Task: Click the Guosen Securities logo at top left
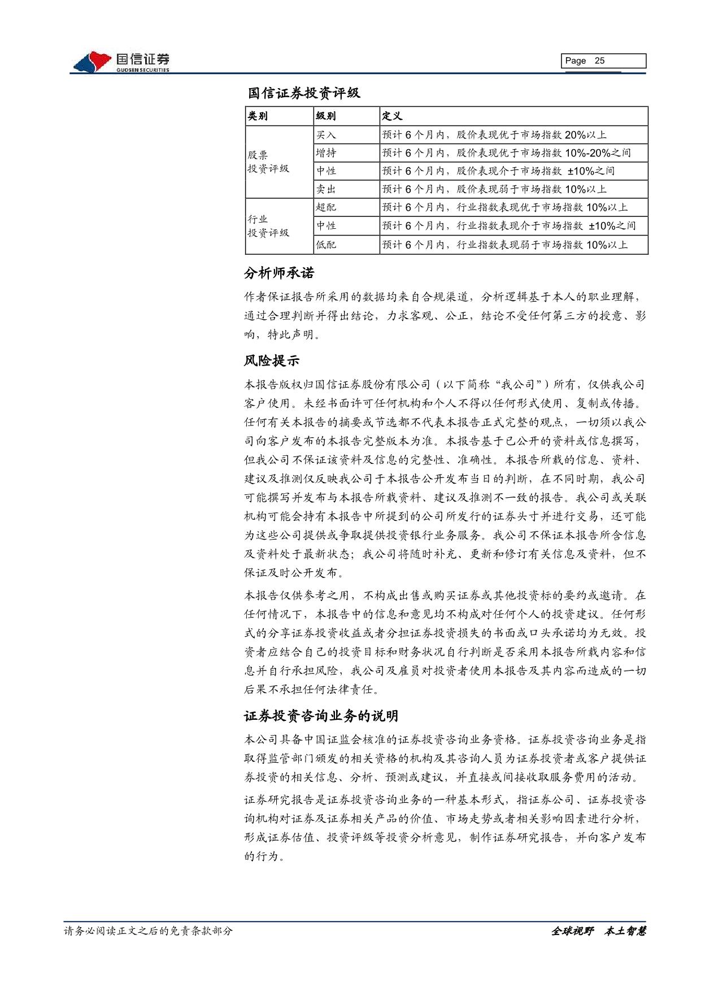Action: point(121,62)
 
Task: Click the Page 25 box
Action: point(603,61)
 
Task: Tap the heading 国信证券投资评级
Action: point(304,93)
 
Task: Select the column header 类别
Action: point(258,116)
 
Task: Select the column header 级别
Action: point(326,116)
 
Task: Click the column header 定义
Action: point(392,116)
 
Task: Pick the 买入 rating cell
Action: point(326,134)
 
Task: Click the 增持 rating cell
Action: point(326,153)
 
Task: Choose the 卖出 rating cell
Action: point(326,189)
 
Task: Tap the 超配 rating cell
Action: point(326,207)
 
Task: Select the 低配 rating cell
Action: point(326,245)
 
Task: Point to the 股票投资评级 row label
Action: point(268,162)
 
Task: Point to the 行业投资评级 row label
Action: point(268,226)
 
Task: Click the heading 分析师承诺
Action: point(279,273)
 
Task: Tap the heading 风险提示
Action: point(272,360)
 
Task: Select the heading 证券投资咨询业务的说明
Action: point(321,716)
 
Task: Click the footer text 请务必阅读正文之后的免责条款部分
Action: point(148,931)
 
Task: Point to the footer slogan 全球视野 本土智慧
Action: point(598,931)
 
